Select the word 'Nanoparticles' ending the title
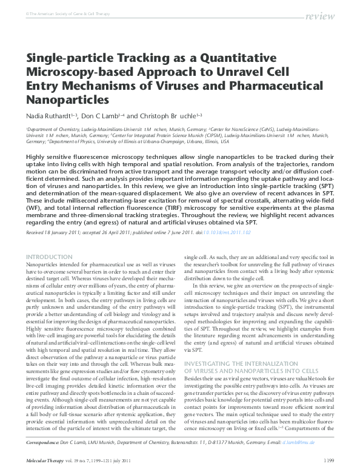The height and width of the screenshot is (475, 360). tap(67, 98)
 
